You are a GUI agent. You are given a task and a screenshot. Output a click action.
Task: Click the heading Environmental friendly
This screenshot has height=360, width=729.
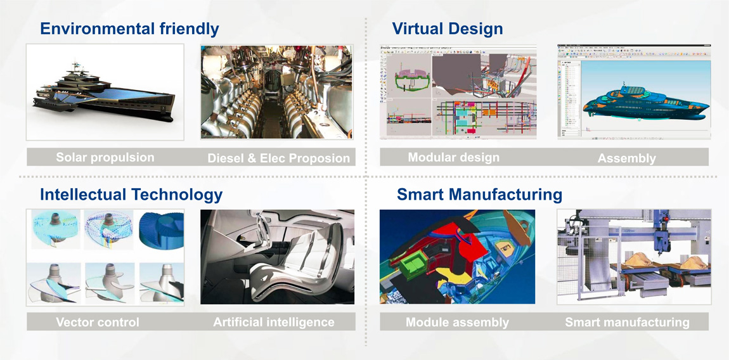[x=130, y=29]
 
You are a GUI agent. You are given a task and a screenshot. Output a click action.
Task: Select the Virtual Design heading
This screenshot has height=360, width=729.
[x=448, y=29]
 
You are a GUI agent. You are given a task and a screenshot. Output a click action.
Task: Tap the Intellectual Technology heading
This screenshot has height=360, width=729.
[x=131, y=195]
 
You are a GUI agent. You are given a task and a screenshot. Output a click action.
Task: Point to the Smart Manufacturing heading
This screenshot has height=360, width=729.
[x=479, y=195]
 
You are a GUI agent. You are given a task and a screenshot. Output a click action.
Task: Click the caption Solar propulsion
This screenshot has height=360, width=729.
[x=105, y=157]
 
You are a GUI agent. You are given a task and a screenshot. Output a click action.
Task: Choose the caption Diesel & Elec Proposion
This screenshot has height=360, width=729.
[x=278, y=158]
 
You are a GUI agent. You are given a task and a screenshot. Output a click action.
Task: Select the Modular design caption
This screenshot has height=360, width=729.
[x=453, y=157]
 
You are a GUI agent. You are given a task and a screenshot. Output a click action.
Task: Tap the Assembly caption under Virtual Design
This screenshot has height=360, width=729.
[x=627, y=158]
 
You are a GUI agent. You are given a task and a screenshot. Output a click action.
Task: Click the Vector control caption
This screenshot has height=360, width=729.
[x=97, y=322]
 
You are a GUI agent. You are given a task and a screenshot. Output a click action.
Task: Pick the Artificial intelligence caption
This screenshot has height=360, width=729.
[x=274, y=322]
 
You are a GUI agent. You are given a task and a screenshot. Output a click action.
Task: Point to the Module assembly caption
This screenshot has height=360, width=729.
[x=457, y=323]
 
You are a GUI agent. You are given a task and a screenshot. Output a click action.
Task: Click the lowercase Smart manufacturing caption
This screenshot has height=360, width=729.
[x=627, y=323]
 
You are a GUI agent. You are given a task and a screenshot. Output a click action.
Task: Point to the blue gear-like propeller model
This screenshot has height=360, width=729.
[x=161, y=231]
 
